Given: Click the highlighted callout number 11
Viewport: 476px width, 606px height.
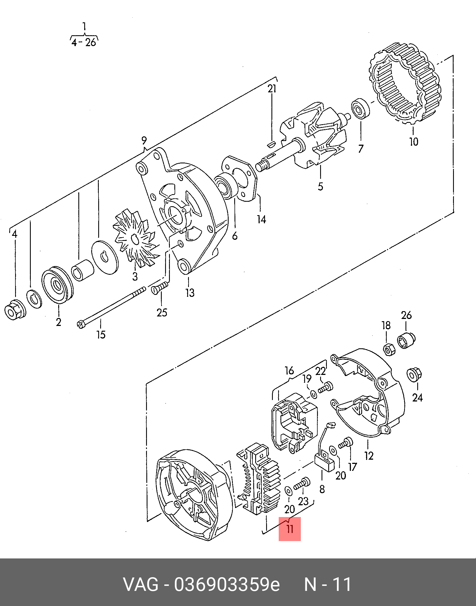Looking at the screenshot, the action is (290, 529).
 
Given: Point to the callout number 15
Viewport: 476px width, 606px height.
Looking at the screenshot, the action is (101, 335).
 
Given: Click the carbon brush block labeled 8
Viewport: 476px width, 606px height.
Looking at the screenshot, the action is (325, 463).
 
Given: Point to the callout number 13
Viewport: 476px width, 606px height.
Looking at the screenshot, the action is (190, 293).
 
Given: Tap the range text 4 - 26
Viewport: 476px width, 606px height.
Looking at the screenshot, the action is (84, 43).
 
